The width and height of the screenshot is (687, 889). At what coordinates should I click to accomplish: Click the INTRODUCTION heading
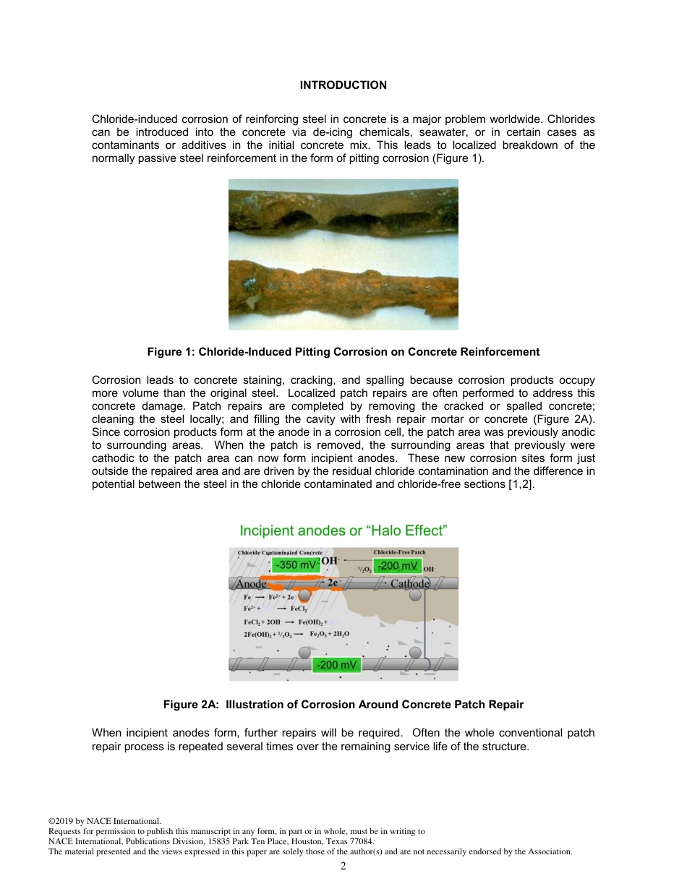click(343, 85)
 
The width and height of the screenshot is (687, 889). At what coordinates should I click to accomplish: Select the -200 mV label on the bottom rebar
click(336, 664)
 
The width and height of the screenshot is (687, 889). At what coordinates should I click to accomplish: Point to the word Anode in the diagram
click(252, 584)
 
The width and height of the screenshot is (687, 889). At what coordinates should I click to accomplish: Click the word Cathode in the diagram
click(409, 584)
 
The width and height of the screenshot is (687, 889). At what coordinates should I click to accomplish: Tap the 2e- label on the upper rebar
click(335, 583)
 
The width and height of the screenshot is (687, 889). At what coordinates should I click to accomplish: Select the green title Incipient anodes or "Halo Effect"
click(343, 531)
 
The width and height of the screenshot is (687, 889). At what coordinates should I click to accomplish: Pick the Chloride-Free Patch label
click(399, 552)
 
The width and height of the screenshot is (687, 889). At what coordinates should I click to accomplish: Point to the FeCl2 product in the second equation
click(310, 609)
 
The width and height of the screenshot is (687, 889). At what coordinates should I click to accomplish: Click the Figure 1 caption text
click(343, 352)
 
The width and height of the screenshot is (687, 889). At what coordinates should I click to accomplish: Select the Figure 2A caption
click(343, 705)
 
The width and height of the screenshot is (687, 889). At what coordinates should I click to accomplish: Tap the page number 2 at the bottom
click(343, 866)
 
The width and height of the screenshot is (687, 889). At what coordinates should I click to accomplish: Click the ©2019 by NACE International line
click(104, 821)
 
